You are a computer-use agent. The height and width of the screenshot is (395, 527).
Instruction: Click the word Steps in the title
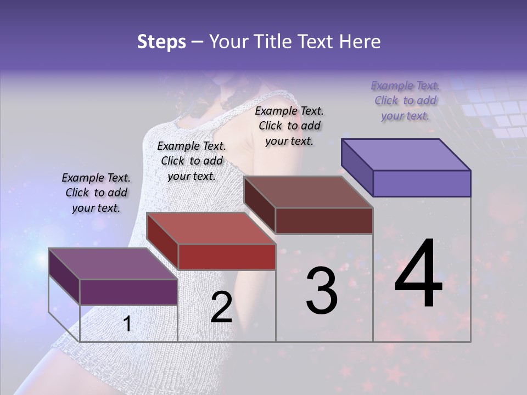[x=161, y=42]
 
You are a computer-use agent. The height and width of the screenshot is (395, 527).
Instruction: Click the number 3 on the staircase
[x=321, y=291]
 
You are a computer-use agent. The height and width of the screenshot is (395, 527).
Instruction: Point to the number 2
[x=221, y=307]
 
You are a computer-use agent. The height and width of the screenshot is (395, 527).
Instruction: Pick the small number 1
[x=127, y=324]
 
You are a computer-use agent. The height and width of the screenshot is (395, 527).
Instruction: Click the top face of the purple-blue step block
[x=406, y=155]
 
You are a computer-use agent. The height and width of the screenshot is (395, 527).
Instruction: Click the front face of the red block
[x=227, y=257]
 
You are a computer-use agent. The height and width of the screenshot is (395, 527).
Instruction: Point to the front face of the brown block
[x=324, y=221]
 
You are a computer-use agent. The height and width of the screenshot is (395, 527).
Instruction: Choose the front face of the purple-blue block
[x=422, y=183]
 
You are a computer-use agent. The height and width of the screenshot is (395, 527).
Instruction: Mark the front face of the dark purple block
[x=128, y=292]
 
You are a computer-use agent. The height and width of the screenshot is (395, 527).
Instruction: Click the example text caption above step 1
[x=96, y=193]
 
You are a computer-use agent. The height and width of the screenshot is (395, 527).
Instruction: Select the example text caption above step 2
[x=192, y=161]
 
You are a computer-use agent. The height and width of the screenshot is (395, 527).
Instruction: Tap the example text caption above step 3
[x=289, y=126]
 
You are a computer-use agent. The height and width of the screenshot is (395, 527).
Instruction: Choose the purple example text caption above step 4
[x=405, y=100]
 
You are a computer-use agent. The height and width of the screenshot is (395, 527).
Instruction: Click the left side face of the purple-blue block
[x=357, y=167]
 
